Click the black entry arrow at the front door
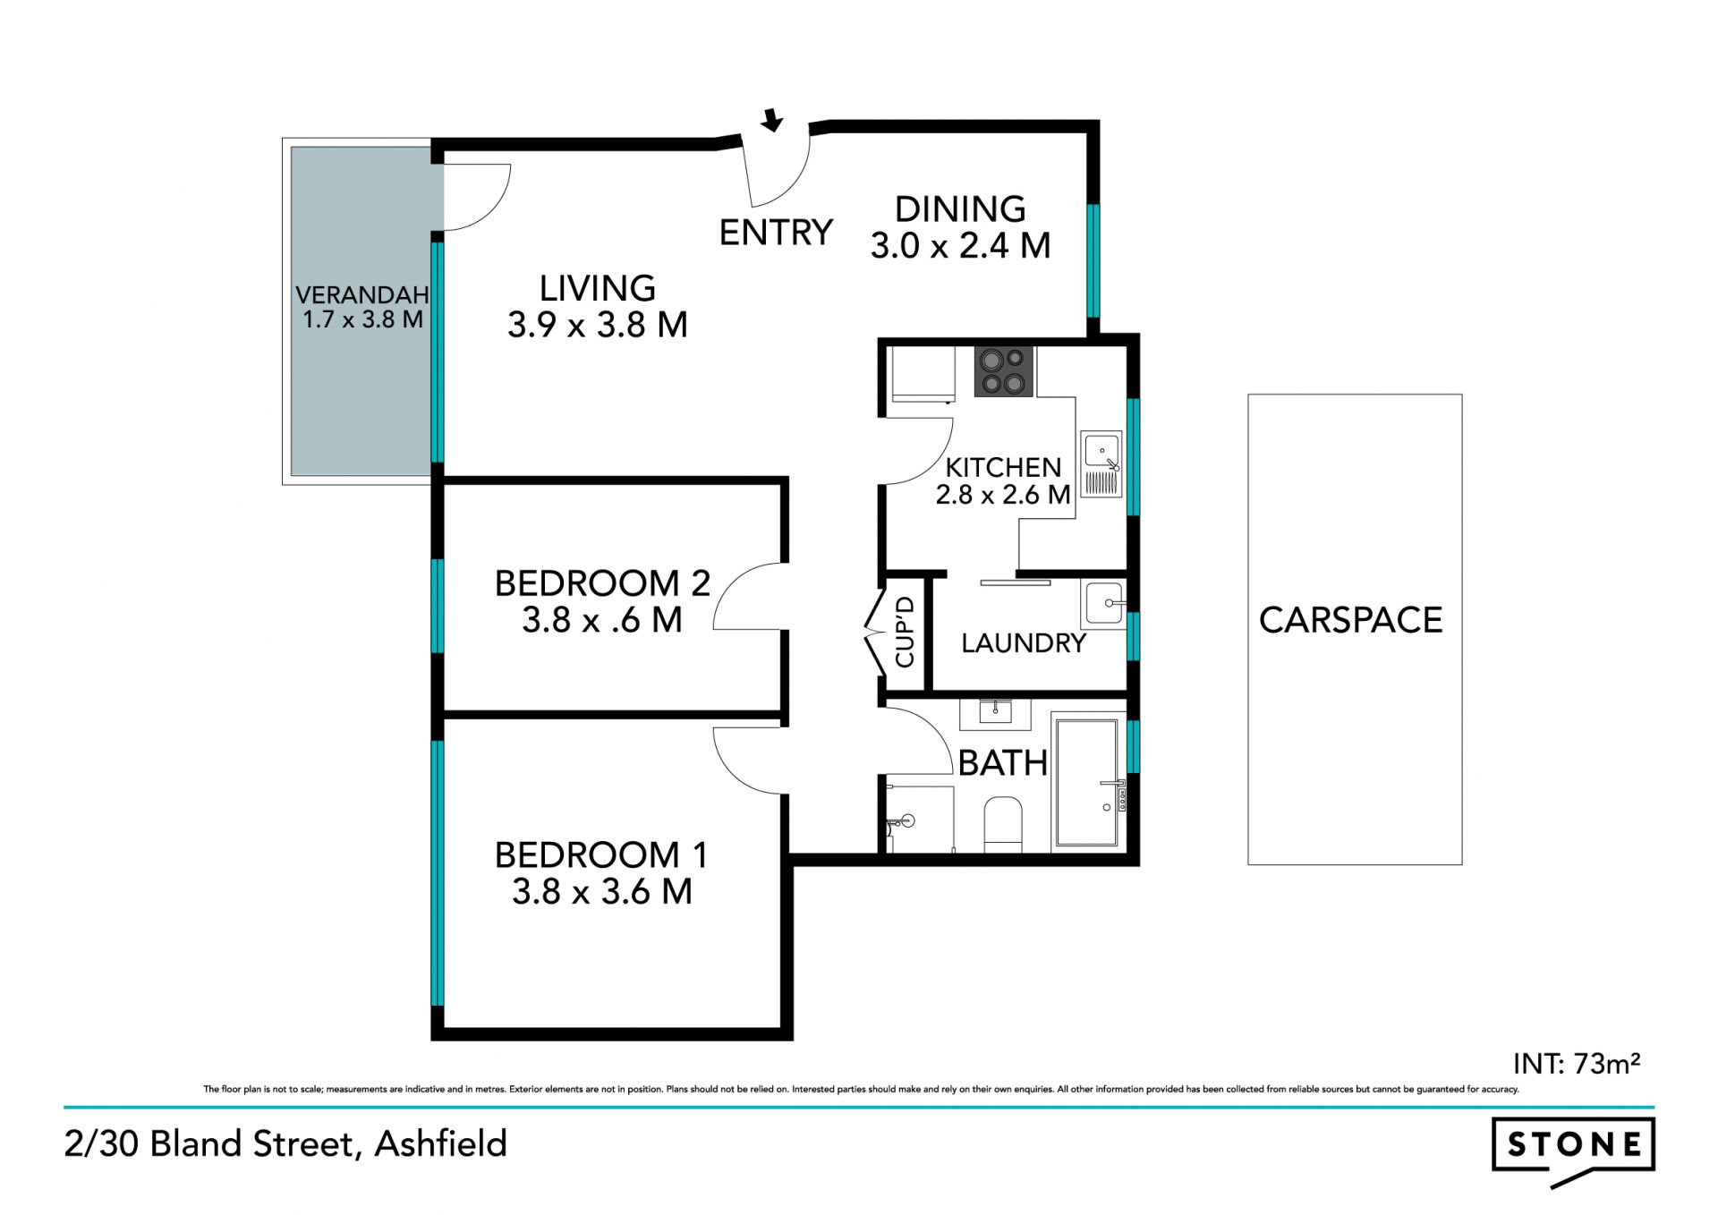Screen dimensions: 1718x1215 point(771,120)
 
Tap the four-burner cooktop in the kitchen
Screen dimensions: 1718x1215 point(1004,371)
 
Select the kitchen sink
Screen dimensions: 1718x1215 point(1101,464)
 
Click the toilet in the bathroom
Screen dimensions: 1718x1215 point(1002,824)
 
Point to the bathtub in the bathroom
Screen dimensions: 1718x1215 point(1087,782)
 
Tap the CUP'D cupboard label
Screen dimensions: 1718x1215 point(905,632)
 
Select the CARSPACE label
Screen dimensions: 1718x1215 point(1350,620)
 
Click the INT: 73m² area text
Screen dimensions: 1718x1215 point(1577,1063)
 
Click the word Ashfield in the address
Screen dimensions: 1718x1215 point(441,1143)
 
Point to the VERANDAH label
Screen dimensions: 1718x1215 point(362,294)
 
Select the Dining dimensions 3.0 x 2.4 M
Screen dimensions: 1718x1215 point(960,245)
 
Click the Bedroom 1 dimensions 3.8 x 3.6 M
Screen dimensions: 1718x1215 point(602,891)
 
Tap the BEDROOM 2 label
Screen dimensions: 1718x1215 point(602,583)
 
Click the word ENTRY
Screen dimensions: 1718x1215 point(776,233)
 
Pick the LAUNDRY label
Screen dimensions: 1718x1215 point(1024,642)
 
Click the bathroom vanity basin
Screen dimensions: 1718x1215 point(995,713)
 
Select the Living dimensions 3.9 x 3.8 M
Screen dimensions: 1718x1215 point(598,324)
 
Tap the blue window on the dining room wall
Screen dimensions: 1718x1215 point(1093,260)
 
